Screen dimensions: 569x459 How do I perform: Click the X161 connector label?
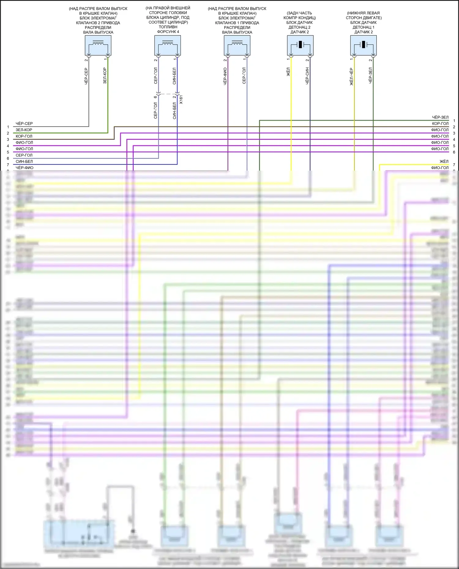click(181, 100)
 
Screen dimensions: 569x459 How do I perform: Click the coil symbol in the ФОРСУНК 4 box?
click(167, 43)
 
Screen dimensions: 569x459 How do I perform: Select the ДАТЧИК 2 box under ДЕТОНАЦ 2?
click(300, 45)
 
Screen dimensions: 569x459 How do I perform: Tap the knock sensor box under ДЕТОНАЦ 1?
click(363, 45)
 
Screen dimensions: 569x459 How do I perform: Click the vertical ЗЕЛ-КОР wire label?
click(105, 76)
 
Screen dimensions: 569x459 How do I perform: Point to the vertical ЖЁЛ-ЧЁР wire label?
click(351, 76)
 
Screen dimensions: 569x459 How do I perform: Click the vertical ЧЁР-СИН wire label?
click(307, 76)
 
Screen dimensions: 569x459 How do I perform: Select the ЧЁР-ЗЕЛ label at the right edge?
click(440, 117)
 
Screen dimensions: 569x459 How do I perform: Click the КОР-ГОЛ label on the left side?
click(24, 136)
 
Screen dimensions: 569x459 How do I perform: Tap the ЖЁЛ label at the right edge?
click(444, 161)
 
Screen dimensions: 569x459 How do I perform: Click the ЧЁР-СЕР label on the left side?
click(24, 124)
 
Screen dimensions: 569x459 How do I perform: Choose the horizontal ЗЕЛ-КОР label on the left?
click(24, 130)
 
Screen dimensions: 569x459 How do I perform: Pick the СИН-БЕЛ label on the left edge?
click(24, 161)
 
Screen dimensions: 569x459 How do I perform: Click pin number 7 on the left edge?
click(8, 165)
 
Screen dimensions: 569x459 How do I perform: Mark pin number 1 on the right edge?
click(454, 121)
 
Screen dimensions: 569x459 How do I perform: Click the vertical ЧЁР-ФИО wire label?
click(225, 76)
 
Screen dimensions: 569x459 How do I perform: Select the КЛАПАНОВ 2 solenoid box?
click(98, 45)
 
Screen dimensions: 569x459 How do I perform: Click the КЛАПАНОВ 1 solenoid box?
click(237, 45)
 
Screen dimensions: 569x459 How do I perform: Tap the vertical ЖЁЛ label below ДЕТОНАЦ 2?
click(288, 72)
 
